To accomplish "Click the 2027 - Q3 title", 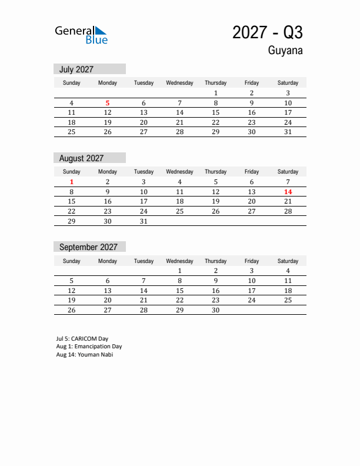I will pos(268,32).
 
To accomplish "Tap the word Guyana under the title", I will pos(285,51).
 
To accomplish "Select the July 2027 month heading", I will pos(76,69).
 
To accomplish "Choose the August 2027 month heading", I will pos(81,158).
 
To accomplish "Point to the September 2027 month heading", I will pos(88,247).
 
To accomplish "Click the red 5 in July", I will pos(108,103).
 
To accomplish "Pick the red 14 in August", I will pos(288,192).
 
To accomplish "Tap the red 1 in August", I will pos(72,182).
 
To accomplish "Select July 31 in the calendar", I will pos(288,132).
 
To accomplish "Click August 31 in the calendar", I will pos(144,221).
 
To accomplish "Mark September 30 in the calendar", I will pos(215,310).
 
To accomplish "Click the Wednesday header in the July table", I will pos(179,83).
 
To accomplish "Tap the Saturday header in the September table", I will pos(288,261).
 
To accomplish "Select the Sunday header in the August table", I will pos(72,172).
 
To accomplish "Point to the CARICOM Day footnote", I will pos(82,339).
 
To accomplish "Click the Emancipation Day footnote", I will pos(89,347).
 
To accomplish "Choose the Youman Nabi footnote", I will pos(85,354).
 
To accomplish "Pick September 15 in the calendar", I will pos(179,291).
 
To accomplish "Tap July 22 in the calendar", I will pos(215,122).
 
